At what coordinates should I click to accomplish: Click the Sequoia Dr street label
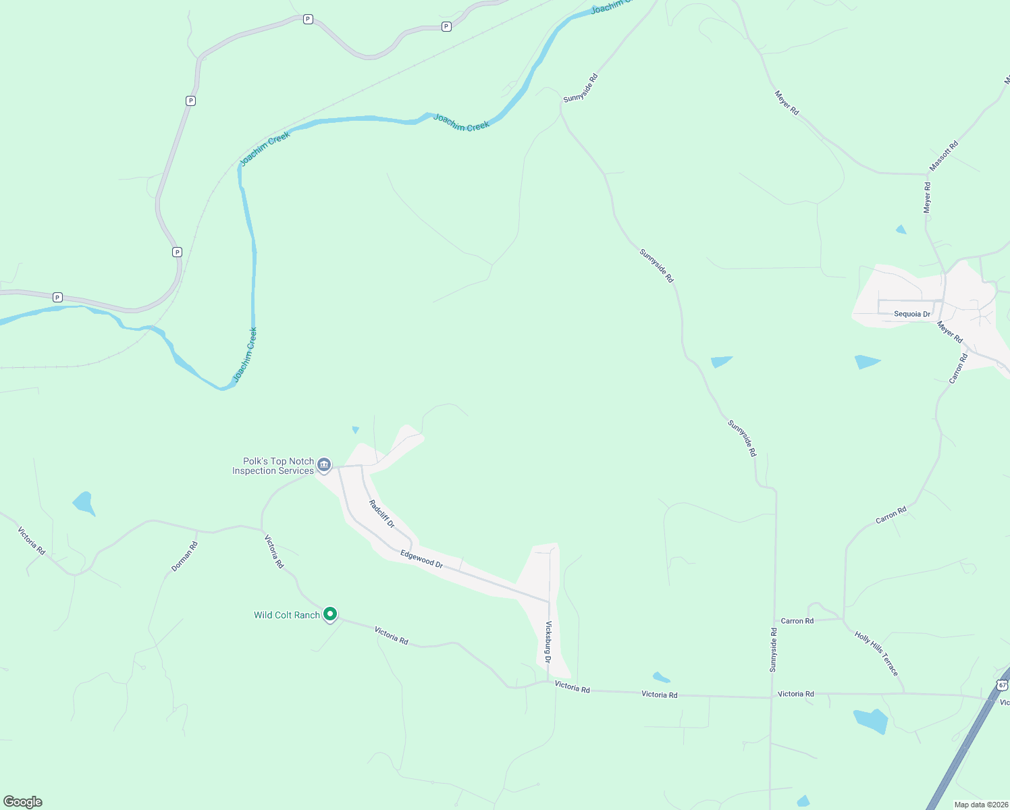click(911, 314)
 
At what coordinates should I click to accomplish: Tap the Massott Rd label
click(943, 156)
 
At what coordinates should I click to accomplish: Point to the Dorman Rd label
click(184, 557)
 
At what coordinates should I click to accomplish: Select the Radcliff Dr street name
click(381, 514)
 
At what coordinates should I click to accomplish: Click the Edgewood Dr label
click(421, 559)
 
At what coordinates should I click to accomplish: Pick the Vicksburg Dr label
click(548, 642)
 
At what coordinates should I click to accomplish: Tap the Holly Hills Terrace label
click(876, 653)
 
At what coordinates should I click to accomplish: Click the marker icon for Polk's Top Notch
click(324, 464)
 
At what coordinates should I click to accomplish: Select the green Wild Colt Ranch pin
click(330, 614)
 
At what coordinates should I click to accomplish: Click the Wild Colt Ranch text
click(286, 615)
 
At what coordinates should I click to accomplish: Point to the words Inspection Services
click(273, 471)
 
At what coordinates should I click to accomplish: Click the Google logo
click(23, 802)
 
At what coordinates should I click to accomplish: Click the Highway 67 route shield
click(1002, 685)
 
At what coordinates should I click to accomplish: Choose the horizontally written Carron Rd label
click(797, 621)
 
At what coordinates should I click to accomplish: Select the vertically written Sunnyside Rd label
click(774, 650)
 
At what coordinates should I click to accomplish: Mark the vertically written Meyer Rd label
click(927, 198)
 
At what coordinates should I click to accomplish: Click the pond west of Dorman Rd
click(84, 503)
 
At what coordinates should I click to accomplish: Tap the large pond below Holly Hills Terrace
click(871, 721)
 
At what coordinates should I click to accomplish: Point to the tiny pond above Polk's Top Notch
click(355, 429)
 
